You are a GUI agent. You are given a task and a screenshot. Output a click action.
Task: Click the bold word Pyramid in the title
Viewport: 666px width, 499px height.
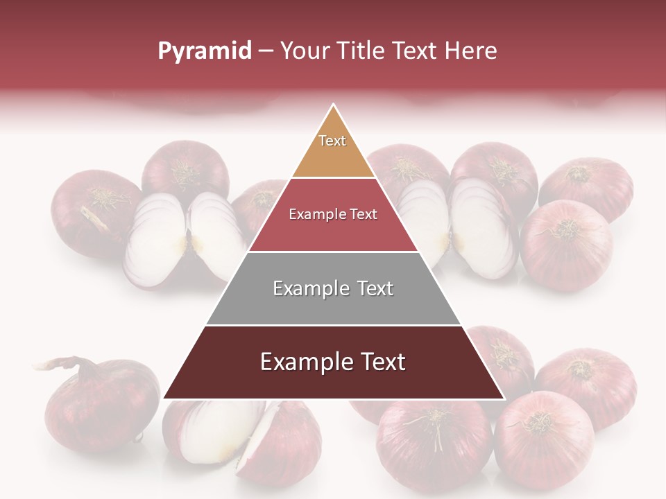(x=204, y=51)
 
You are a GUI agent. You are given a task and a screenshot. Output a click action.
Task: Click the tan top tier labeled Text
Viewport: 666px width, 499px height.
(x=333, y=149)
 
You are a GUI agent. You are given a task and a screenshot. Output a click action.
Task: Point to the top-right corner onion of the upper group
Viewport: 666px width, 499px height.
(x=586, y=187)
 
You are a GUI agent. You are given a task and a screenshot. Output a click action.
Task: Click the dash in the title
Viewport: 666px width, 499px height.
(x=266, y=51)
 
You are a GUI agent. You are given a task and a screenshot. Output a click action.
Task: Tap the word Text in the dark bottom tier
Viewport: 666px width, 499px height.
(x=379, y=362)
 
